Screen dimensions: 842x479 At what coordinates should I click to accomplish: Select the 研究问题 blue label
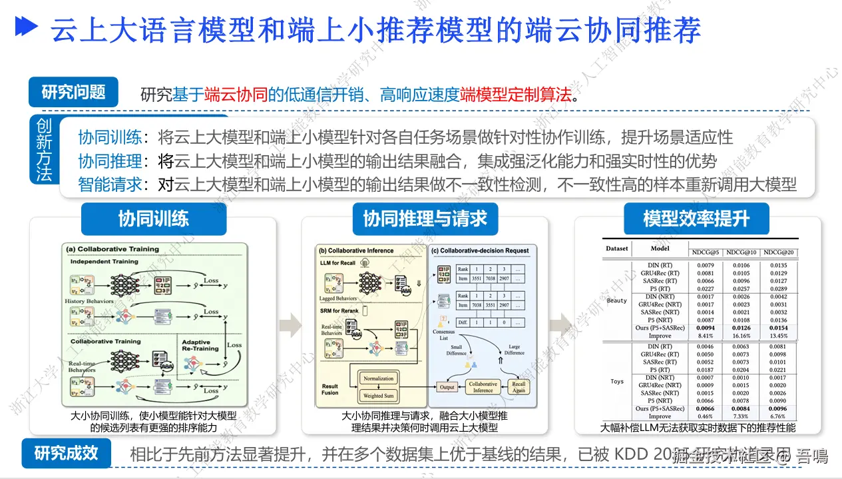pos(73,92)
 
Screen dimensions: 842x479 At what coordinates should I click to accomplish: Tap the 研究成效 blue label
pos(66,454)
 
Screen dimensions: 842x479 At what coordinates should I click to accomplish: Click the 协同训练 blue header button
pos(153,219)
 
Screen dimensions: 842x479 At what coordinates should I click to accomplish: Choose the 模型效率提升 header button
pos(696,219)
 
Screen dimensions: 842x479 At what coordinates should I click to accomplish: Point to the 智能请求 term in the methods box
pos(110,184)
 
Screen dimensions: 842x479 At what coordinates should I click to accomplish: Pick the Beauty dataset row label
pos(617,300)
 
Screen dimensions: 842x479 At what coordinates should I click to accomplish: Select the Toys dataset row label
pos(617,382)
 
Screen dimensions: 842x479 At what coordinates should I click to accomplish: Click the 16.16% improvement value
pos(740,336)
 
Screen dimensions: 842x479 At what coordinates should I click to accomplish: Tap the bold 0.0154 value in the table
pos(777,328)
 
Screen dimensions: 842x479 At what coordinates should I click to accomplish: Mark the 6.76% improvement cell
pos(777,416)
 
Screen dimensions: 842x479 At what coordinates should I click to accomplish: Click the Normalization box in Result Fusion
pos(379,378)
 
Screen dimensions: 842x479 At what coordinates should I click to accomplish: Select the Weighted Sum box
pos(379,396)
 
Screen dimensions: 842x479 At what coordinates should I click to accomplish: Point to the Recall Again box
pos(519,387)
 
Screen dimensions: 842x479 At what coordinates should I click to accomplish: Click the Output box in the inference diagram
pos(447,387)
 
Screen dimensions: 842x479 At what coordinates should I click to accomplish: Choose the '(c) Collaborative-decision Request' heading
pos(479,250)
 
